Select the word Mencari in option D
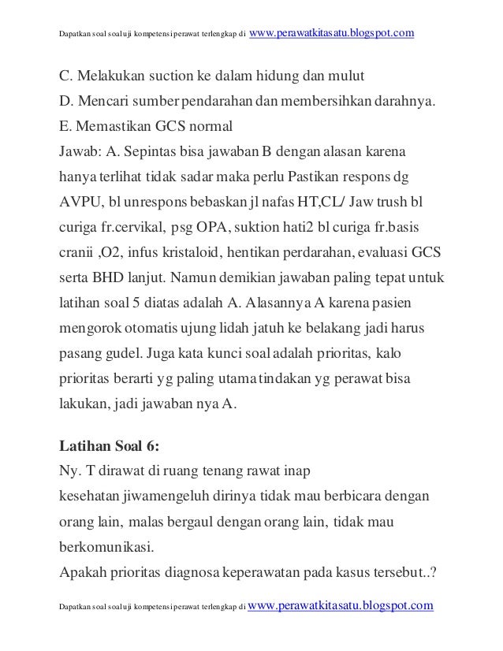tap(105, 101)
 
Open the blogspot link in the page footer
tap(341, 605)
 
